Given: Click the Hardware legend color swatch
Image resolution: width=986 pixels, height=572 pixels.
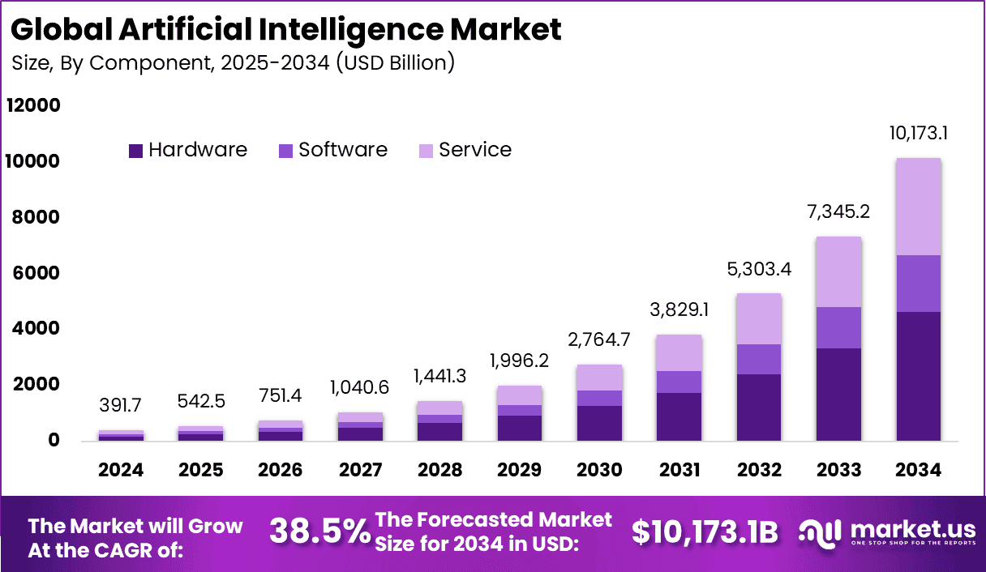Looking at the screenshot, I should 135,151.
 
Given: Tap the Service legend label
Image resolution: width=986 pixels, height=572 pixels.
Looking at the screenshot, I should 475,150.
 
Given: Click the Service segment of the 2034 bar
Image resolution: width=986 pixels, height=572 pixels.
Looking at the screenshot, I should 918,207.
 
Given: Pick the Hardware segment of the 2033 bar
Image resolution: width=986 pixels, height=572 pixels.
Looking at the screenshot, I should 838,395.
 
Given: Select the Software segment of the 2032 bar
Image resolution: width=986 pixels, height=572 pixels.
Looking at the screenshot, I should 759,359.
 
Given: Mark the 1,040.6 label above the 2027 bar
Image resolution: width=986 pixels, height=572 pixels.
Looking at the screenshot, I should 360,388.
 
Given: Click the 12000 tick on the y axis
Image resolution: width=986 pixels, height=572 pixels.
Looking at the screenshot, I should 33,106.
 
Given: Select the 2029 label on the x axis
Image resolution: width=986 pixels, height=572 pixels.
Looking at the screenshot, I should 520,470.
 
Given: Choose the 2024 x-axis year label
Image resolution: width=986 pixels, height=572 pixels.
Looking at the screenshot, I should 122,470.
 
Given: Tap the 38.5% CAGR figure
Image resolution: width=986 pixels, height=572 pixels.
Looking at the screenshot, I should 319,531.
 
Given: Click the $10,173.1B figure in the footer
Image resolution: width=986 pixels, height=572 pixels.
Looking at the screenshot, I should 705,531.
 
